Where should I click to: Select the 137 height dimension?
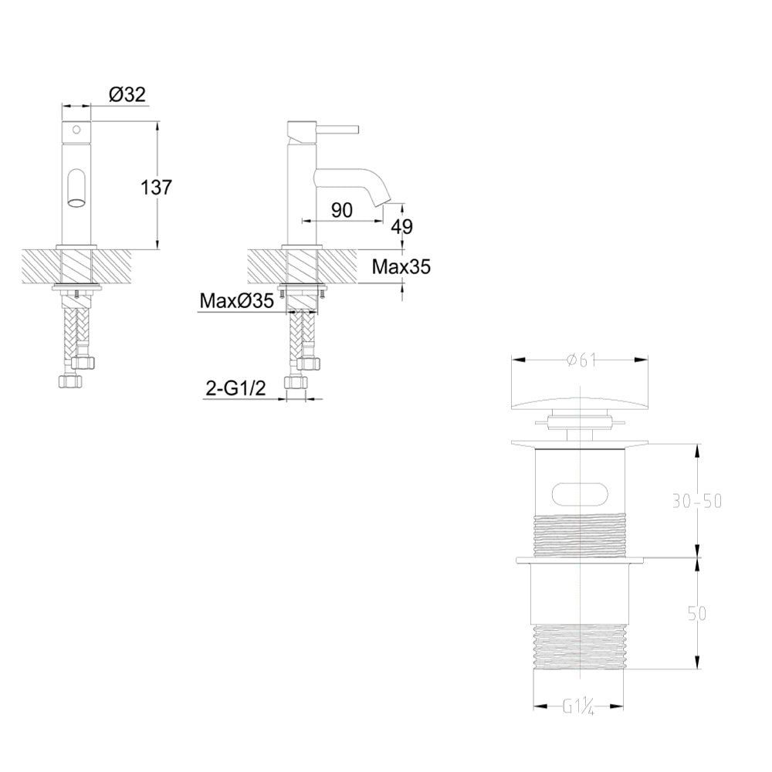click(x=157, y=187)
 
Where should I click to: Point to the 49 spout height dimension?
click(x=402, y=226)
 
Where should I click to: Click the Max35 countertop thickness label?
click(x=401, y=267)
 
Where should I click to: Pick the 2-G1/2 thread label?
click(x=235, y=388)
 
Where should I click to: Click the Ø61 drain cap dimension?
click(x=580, y=359)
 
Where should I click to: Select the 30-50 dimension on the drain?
click(x=696, y=500)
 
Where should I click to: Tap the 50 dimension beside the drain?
click(x=696, y=613)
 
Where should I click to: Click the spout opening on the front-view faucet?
click(x=76, y=203)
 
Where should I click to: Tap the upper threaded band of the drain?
click(x=580, y=532)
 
